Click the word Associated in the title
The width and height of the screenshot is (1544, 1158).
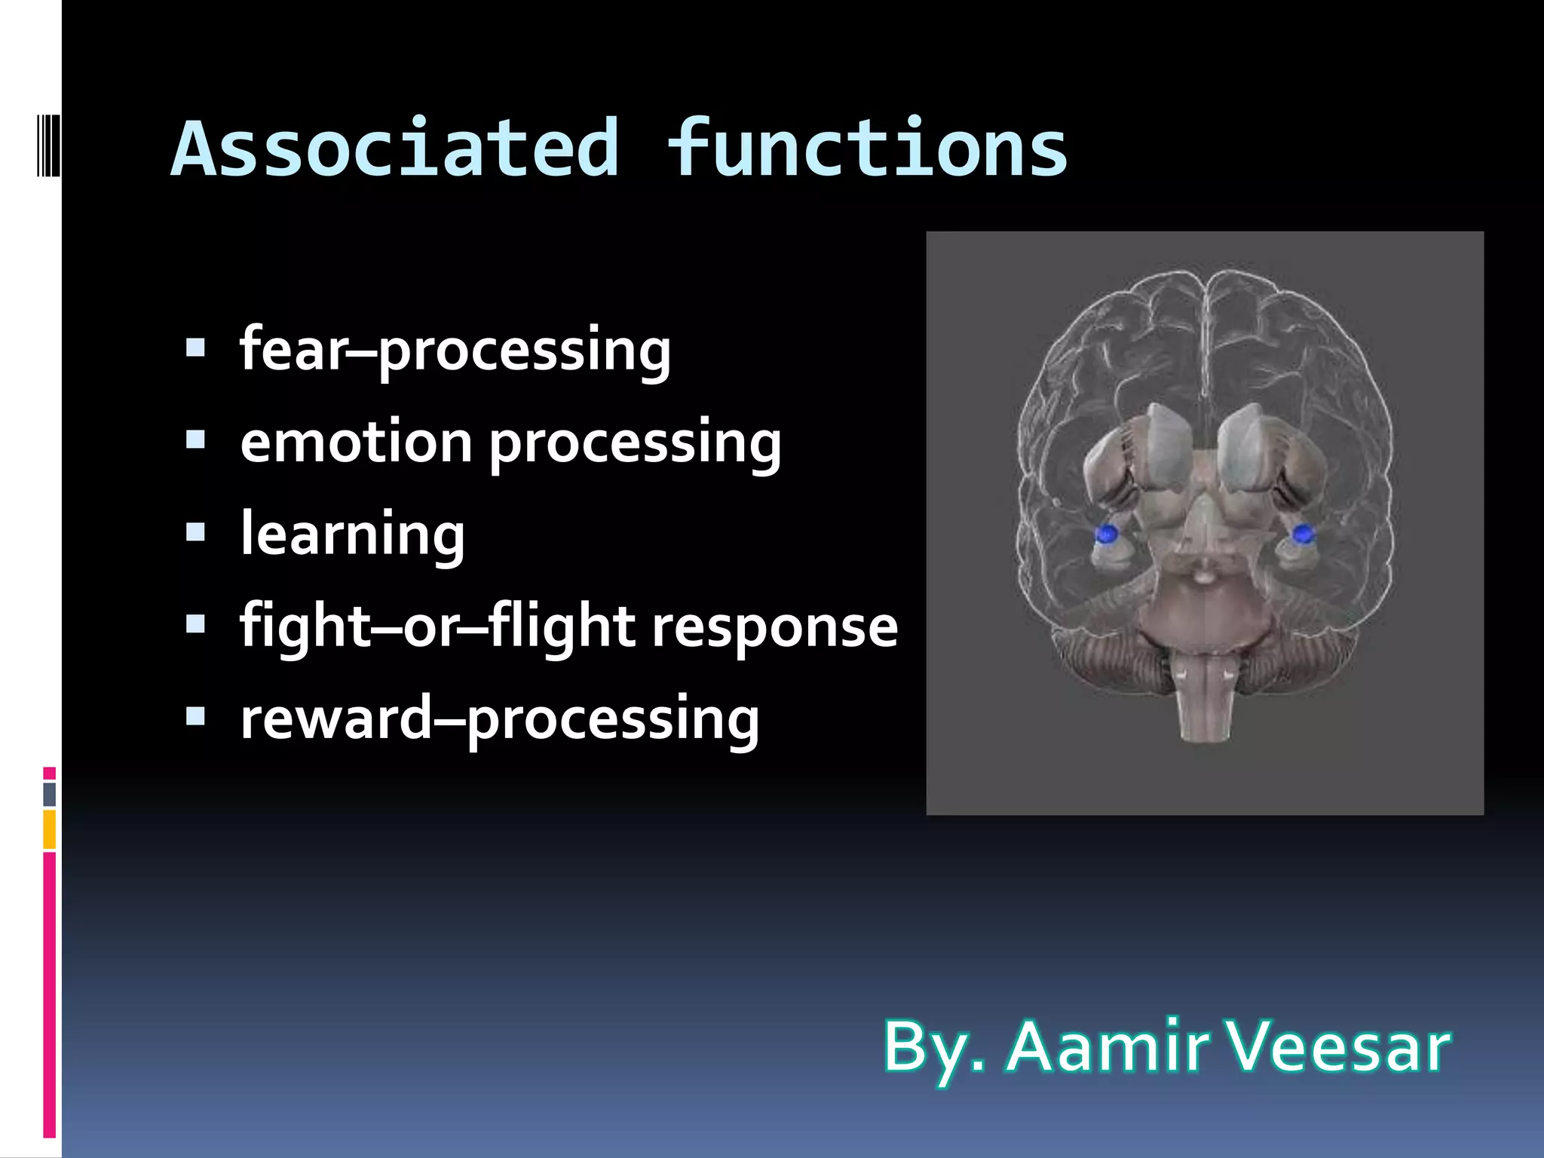point(396,149)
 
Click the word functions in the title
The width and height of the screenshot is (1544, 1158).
point(867,149)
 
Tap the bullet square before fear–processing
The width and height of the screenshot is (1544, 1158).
point(195,348)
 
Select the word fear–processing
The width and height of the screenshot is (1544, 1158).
point(455,351)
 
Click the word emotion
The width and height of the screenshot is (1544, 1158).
point(356,443)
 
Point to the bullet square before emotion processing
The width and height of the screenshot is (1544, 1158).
point(195,440)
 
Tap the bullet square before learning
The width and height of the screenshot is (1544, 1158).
point(195,532)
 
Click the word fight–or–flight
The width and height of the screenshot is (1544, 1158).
point(437,628)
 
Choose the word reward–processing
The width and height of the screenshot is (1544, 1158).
point(499,720)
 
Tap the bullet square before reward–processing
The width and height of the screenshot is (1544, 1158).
point(195,715)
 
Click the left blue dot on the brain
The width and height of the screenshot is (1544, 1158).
point(1106,535)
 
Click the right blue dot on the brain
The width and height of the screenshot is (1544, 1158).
point(1303,535)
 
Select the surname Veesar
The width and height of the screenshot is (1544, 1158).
point(1338,1047)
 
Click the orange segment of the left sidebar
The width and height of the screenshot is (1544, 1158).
point(49,829)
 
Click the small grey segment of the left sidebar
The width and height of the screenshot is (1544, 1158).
point(49,794)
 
